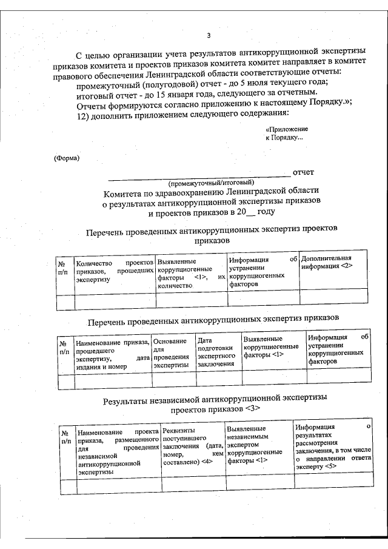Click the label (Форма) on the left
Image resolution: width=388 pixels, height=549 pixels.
(x=66, y=159)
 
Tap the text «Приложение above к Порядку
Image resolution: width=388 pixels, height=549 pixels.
(x=287, y=129)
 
